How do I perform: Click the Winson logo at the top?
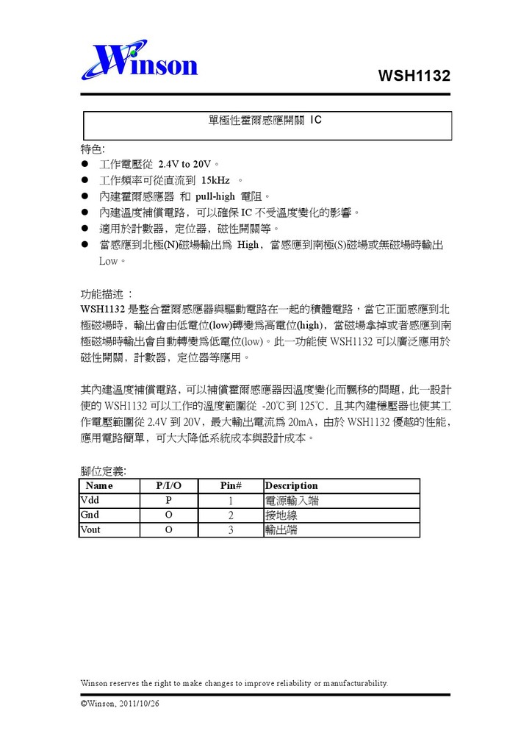pyautogui.click(x=140, y=62)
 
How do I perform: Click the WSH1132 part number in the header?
pyautogui.click(x=414, y=76)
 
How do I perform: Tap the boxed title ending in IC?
pyautogui.click(x=266, y=119)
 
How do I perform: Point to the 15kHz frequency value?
pyautogui.click(x=215, y=180)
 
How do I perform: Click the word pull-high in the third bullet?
pyautogui.click(x=215, y=196)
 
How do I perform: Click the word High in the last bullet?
pyautogui.click(x=248, y=245)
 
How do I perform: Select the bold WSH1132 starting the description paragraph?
pyautogui.click(x=102, y=309)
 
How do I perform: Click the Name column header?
pyautogui.click(x=99, y=485)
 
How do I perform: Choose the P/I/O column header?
pyautogui.click(x=168, y=485)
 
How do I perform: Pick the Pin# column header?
pyautogui.click(x=231, y=485)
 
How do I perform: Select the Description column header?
pyautogui.click(x=291, y=485)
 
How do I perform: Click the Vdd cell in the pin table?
pyautogui.click(x=89, y=500)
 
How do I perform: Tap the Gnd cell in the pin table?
pyautogui.click(x=90, y=515)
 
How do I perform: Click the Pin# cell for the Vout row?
pyautogui.click(x=231, y=530)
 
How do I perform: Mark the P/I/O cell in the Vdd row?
pyautogui.click(x=168, y=501)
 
